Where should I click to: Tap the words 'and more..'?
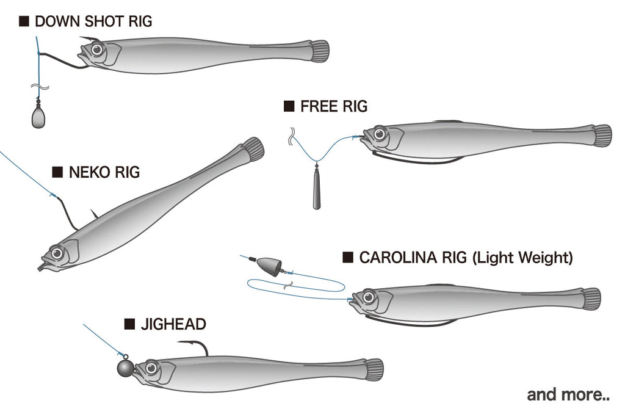pyautogui.click(x=568, y=394)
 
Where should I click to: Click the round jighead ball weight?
pyautogui.click(x=125, y=368)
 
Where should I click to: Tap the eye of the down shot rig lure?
pyautogui.click(x=95, y=50)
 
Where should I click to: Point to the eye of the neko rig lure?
pyautogui.click(x=57, y=252)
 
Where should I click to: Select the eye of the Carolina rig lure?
pyautogui.click(x=368, y=297)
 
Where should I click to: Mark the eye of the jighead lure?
pyautogui.click(x=151, y=368)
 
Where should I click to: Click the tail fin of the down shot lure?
pyautogui.click(x=319, y=50)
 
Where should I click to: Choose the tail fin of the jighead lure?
pyautogui.click(x=374, y=369)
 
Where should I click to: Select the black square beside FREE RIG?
pyautogui.click(x=289, y=107)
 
